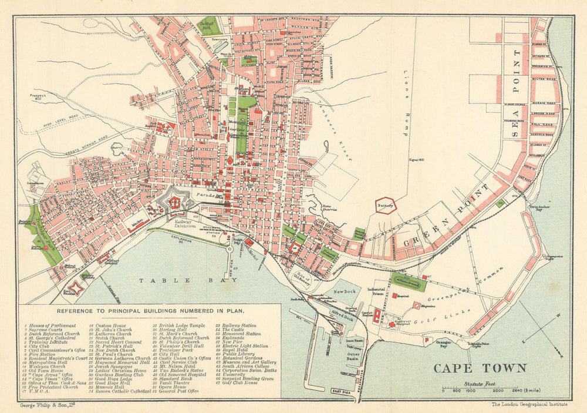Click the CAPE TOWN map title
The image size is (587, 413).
click(x=480, y=368)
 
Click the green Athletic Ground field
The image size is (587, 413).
click(x=409, y=282)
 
